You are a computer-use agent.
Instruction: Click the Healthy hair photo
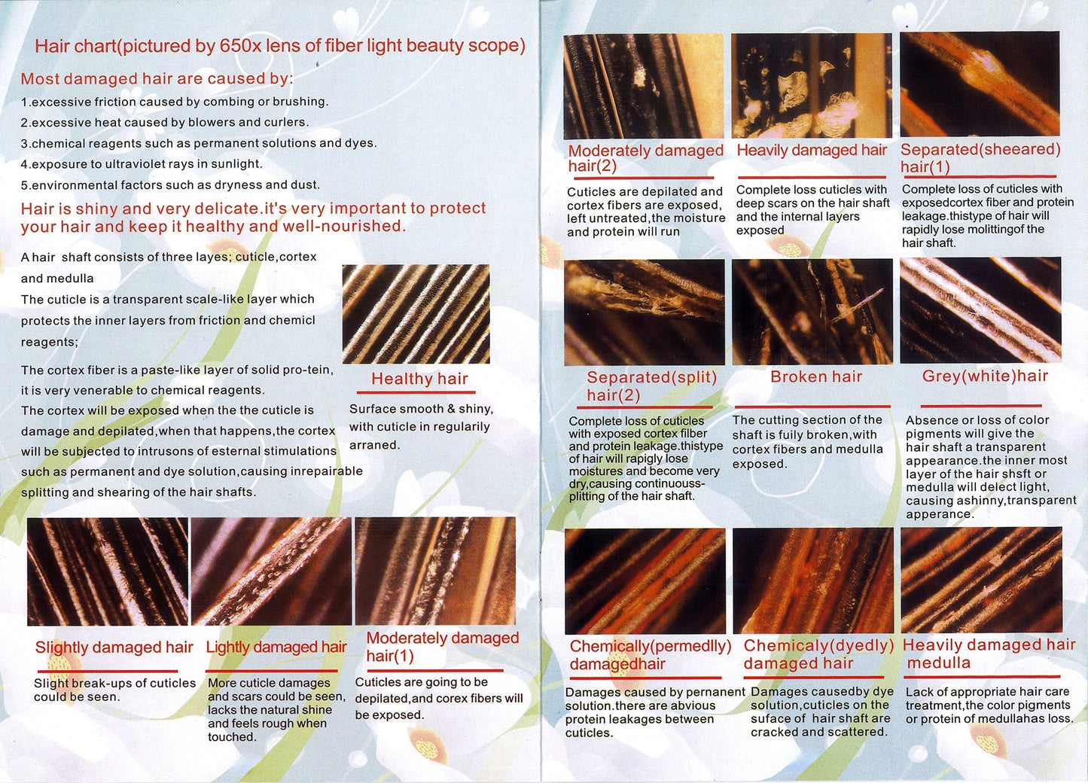coord(416,314)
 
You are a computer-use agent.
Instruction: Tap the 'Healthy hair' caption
coord(419,379)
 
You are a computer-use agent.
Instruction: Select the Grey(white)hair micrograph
coord(980,310)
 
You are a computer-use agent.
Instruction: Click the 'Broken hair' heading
coord(816,376)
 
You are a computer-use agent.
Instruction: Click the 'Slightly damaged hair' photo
coord(108,571)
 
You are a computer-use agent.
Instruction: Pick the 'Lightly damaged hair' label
coord(276,647)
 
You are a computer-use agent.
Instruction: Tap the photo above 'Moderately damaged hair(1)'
coord(435,571)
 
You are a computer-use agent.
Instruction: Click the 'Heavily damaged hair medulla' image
coord(981,580)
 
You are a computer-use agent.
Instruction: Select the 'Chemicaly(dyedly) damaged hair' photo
coord(813,580)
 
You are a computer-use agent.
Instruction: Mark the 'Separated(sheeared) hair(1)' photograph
coord(980,84)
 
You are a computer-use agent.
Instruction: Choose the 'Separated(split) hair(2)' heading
coord(652,385)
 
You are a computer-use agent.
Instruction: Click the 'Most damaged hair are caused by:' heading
coord(157,79)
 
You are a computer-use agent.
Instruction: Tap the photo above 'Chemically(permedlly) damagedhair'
coord(645,581)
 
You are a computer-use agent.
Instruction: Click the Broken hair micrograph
coord(812,312)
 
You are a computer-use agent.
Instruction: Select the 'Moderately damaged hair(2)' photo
coord(644,87)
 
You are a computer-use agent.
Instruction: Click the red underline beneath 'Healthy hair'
coord(416,392)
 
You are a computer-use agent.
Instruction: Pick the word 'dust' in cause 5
coord(306,185)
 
